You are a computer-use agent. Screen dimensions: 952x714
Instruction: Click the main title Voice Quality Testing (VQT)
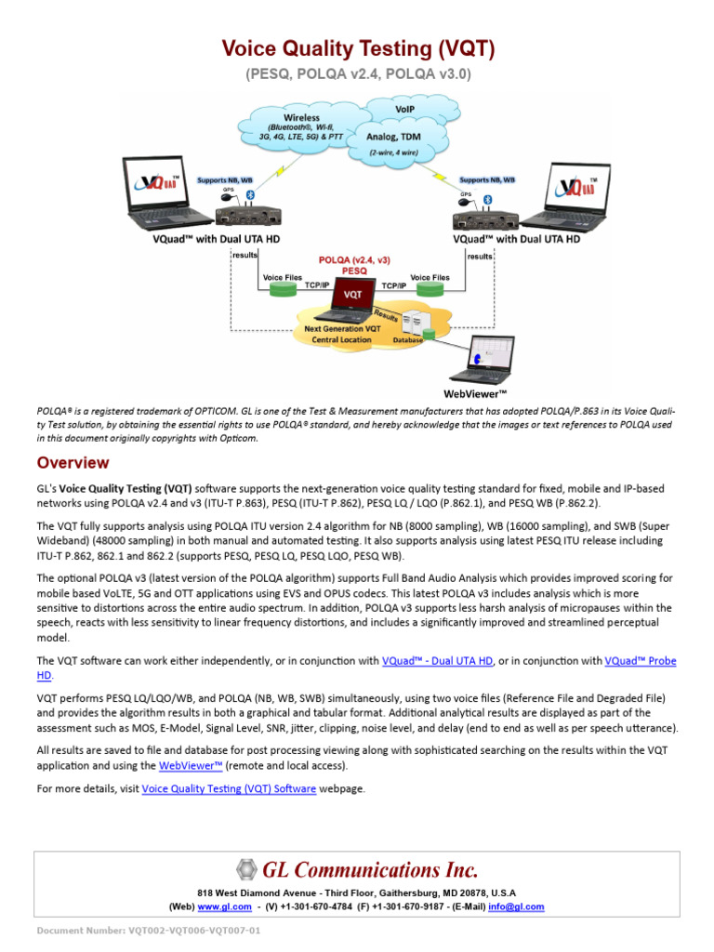coord(357,48)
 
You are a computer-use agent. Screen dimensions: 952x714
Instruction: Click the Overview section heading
coord(73,463)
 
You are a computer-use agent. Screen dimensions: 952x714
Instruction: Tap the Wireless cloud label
coord(295,118)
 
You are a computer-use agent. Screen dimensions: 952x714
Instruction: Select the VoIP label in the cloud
coord(404,109)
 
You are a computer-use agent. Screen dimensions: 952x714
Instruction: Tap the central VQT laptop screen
coord(352,294)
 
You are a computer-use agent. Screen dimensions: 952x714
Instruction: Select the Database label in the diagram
coord(406,340)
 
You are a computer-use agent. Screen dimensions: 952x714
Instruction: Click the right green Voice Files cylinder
coord(429,291)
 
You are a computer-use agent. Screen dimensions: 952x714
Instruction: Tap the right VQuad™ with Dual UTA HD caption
coord(516,239)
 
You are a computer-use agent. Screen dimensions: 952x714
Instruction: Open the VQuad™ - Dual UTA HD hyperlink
coord(437,661)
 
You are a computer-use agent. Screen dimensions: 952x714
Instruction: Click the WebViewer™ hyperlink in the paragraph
coord(192,766)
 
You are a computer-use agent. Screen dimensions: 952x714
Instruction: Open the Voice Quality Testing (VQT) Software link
coord(229,789)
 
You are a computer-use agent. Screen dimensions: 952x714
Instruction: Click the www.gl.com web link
coord(224,906)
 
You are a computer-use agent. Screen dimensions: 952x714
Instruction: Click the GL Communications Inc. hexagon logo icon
coord(245,870)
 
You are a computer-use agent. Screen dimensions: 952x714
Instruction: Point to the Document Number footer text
coord(148,931)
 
